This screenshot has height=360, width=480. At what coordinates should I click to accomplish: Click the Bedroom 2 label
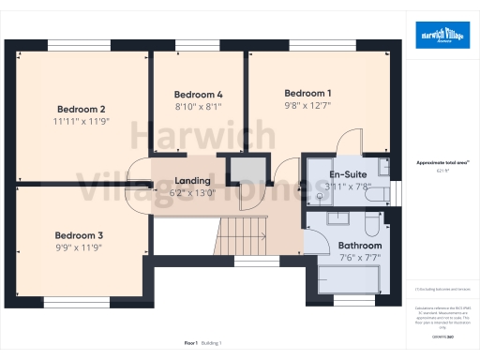[x=81, y=108]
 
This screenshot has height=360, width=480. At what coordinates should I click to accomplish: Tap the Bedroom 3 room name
[x=79, y=234]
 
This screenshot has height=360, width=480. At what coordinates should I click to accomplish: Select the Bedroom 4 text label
[x=199, y=95]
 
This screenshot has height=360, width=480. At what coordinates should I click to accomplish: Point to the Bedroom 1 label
[x=307, y=93]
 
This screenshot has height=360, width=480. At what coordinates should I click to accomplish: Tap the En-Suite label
[x=347, y=174]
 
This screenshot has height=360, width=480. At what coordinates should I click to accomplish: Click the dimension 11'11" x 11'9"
[x=81, y=121]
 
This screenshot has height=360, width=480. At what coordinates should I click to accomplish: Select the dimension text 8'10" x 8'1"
[x=199, y=107]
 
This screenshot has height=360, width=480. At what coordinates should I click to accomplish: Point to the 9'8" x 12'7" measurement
[x=307, y=105]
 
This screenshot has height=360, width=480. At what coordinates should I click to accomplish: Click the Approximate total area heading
[x=442, y=162]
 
